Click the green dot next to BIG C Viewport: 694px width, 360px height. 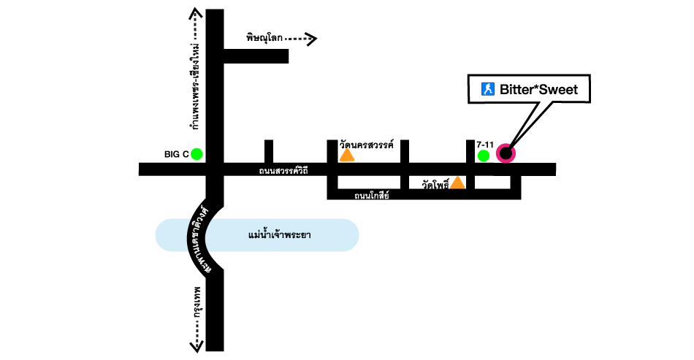(x=197, y=154)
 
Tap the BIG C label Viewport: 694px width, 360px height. (x=176, y=154)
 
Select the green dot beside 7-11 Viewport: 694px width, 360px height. (x=483, y=156)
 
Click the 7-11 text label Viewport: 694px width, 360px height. (x=485, y=145)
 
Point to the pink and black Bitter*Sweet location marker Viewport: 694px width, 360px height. (x=506, y=154)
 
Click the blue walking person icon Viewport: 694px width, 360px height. (x=487, y=90)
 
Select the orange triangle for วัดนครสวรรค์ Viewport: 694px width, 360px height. (x=347, y=155)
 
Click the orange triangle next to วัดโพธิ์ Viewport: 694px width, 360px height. (x=457, y=182)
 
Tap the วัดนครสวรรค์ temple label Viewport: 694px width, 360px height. (x=367, y=145)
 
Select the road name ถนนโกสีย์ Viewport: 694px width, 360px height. (x=372, y=195)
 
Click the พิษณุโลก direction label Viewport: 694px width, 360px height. (x=264, y=37)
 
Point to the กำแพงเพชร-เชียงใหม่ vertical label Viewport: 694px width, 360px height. (x=195, y=86)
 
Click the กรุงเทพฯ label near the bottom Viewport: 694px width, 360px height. (x=197, y=307)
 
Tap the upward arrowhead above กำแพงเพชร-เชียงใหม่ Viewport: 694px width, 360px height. (x=195, y=12)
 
